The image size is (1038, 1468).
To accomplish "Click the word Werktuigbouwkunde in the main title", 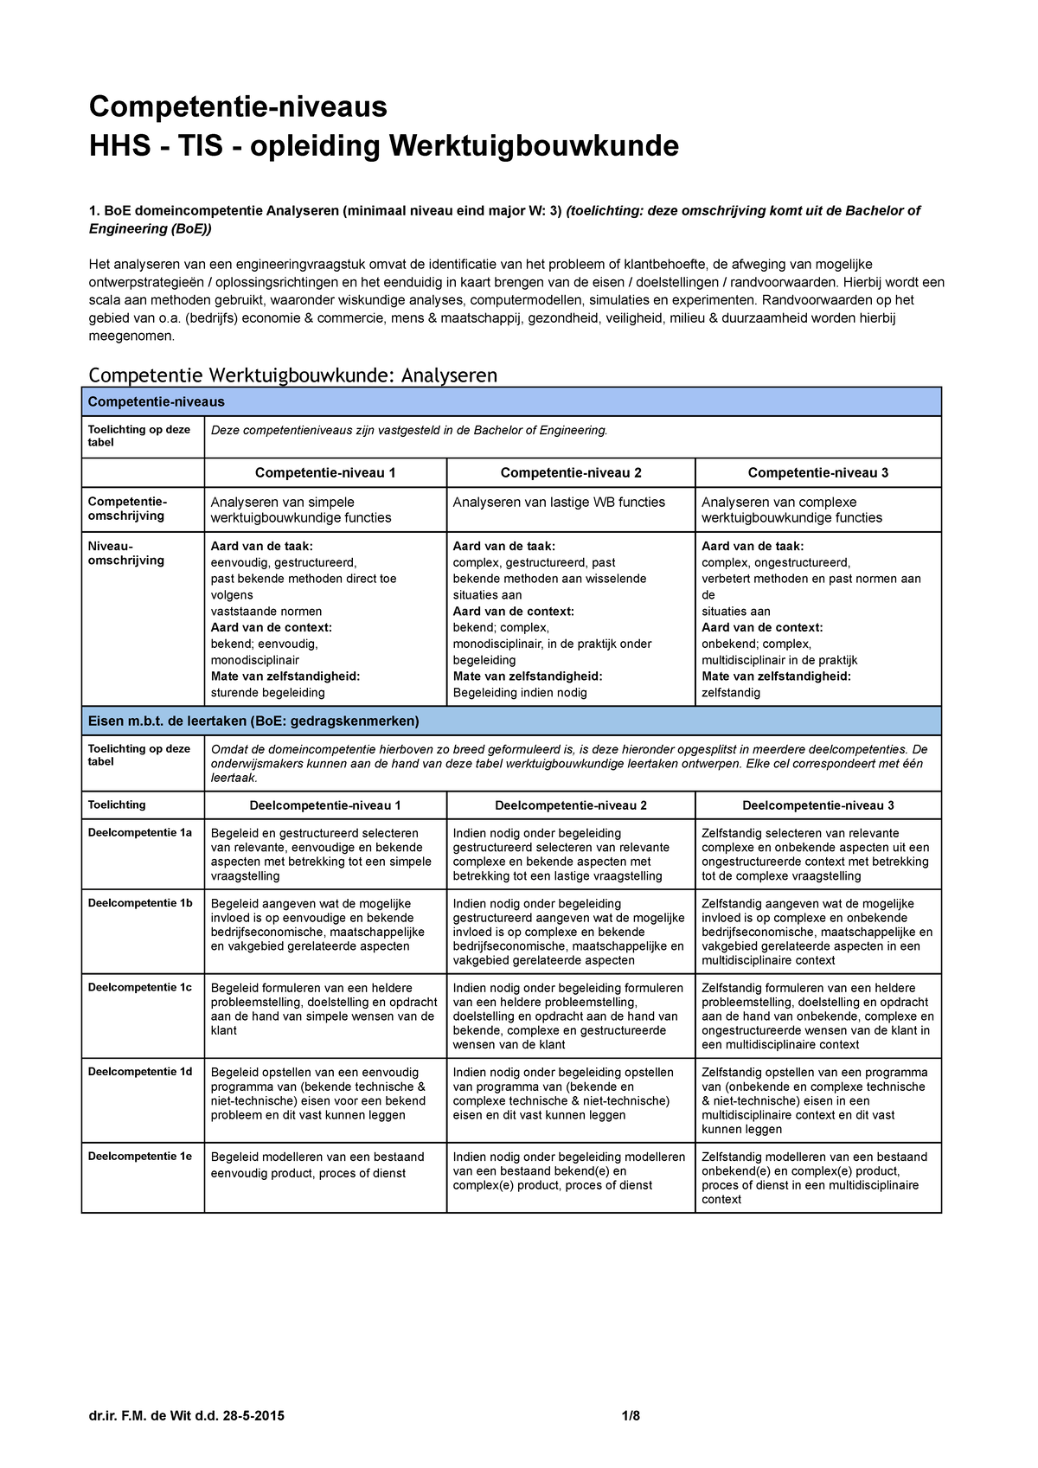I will (x=533, y=146).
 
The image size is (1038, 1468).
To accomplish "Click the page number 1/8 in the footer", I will (x=631, y=1416).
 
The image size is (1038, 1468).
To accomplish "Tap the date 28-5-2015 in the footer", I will (x=253, y=1416).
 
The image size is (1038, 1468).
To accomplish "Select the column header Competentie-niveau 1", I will (x=325, y=472).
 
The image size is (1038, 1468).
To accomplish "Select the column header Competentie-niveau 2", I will (x=571, y=472).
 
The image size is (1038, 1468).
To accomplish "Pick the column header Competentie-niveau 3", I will (x=817, y=472).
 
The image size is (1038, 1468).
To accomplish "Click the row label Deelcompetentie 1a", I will (x=140, y=832).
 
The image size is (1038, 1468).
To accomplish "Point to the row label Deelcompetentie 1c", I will (x=140, y=987).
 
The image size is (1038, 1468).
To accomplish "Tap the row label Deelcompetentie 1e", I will (x=140, y=1156).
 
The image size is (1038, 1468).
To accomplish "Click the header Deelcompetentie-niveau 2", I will (x=571, y=805).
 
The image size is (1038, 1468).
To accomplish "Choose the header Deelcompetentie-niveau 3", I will (x=817, y=805).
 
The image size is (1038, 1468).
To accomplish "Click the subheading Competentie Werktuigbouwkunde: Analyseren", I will (x=293, y=375).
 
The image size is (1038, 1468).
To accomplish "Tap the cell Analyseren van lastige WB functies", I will (x=559, y=502).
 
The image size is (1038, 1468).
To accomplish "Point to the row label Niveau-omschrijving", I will (x=126, y=553).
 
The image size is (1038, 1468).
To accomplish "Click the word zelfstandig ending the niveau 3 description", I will (x=731, y=693).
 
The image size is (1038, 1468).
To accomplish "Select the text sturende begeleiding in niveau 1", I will (x=268, y=693).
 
